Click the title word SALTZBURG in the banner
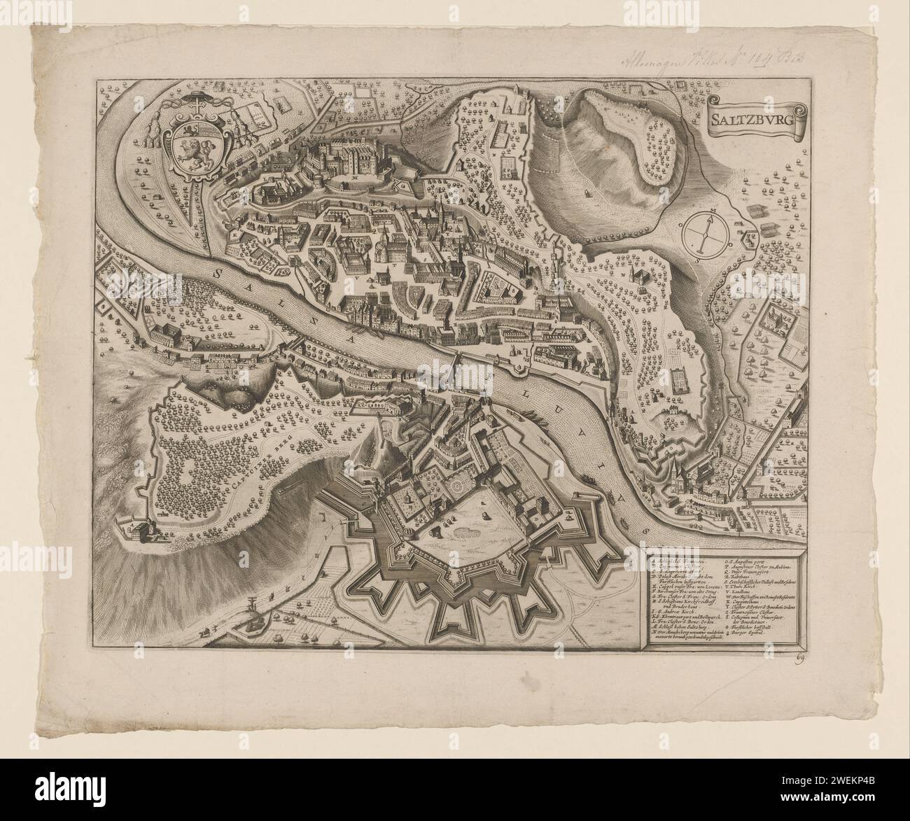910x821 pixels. (755, 117)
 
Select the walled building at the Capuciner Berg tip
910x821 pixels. (140, 531)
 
